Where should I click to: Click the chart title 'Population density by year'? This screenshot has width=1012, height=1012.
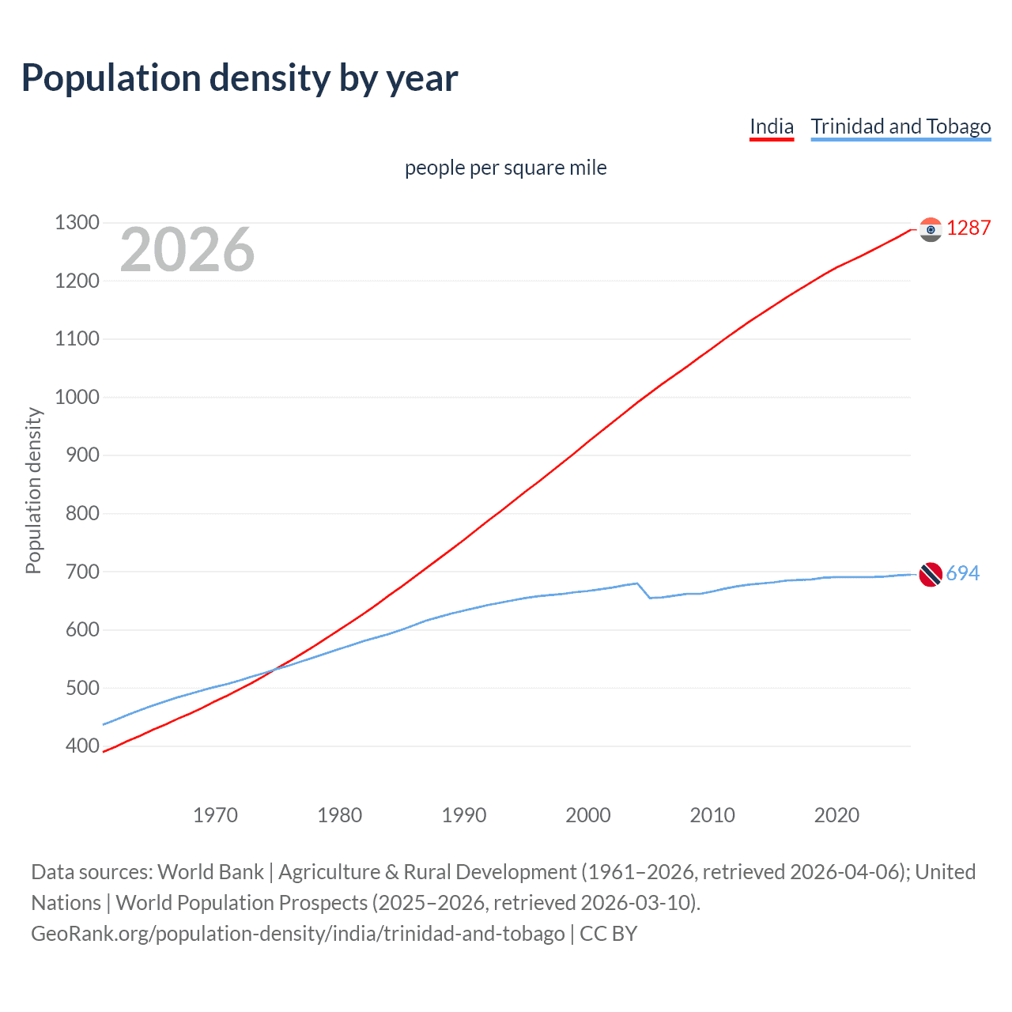240,78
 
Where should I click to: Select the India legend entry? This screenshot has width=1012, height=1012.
771,126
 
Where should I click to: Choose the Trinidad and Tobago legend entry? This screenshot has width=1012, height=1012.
901,126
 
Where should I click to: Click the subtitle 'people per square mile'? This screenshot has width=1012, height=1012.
505,168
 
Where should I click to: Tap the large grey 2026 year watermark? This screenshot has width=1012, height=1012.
187,250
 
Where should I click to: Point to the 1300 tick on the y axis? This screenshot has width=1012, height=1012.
77,223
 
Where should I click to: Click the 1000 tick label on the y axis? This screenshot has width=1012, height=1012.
77,397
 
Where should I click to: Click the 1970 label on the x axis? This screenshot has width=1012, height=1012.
215,815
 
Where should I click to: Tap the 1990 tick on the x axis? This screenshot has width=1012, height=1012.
464,815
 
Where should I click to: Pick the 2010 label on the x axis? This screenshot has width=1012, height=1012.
712,815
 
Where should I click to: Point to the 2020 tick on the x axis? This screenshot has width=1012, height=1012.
836,815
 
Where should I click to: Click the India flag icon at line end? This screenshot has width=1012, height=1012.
931,229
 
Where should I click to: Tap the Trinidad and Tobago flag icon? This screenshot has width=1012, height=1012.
931,574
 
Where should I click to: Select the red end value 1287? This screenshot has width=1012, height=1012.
969,228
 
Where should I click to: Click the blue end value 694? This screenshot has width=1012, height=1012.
962,573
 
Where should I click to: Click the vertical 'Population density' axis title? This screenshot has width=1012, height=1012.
33,490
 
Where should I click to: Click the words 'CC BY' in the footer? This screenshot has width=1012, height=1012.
608,934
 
